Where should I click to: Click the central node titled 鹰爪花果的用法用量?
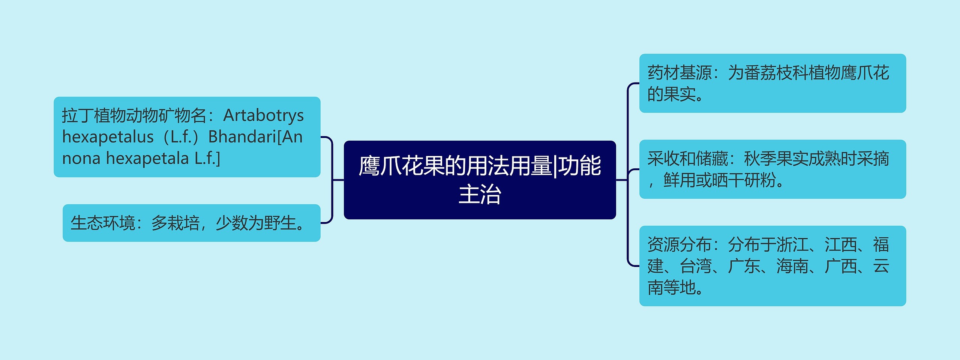click(x=480, y=180)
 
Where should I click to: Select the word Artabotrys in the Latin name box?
click(x=263, y=115)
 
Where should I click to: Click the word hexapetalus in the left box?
click(x=108, y=137)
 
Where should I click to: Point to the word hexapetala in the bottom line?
click(x=147, y=158)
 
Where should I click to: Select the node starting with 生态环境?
click(x=191, y=223)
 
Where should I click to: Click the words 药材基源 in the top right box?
click(x=679, y=73)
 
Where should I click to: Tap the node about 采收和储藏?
click(x=772, y=169)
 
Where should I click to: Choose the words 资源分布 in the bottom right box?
click(x=679, y=245)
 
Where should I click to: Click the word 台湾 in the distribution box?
click(x=696, y=266)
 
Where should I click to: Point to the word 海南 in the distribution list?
click(x=792, y=266)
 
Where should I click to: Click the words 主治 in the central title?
click(x=480, y=194)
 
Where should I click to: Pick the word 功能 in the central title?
click(x=580, y=166)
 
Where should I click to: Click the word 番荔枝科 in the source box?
click(x=776, y=73)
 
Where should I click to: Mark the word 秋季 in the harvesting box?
click(x=760, y=159)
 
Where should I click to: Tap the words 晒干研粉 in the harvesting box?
click(x=744, y=180)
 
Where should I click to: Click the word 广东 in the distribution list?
click(x=744, y=266)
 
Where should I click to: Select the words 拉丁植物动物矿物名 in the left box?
click(x=134, y=115)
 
